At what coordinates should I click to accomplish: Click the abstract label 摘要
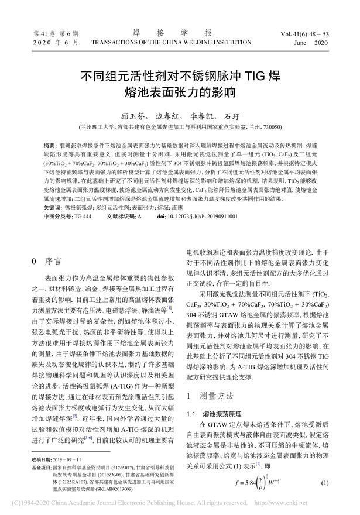pos(50,144)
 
